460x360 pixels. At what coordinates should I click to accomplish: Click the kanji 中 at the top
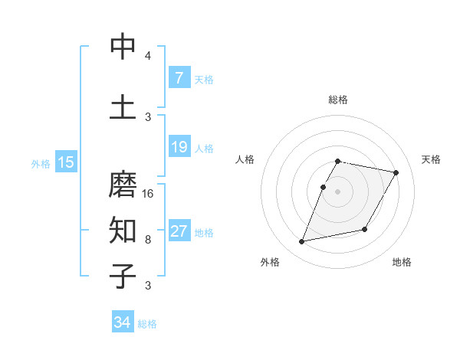pyautogui.click(x=123, y=47)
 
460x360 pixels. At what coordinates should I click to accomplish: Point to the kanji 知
pyautogui.click(x=123, y=229)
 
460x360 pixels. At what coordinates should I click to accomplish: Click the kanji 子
pyautogui.click(x=123, y=277)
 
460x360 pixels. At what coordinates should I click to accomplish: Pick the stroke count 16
pyautogui.click(x=148, y=193)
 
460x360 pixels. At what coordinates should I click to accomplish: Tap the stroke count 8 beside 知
pyautogui.click(x=148, y=239)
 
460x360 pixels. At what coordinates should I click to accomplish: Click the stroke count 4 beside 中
pyautogui.click(x=148, y=56)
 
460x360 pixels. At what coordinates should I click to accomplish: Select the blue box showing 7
pyautogui.click(x=179, y=78)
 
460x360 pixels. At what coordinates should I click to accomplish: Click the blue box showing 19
pyautogui.click(x=179, y=147)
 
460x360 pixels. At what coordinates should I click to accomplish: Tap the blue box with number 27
pyautogui.click(x=179, y=231)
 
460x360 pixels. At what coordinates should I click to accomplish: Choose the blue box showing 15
pyautogui.click(x=65, y=162)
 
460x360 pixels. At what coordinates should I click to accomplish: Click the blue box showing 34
pyautogui.click(x=122, y=323)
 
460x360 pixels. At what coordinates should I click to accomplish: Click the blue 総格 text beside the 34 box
pyautogui.click(x=147, y=324)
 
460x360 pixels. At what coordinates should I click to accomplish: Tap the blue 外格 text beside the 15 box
pyautogui.click(x=41, y=163)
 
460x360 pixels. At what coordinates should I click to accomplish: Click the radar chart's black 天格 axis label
pyautogui.click(x=432, y=159)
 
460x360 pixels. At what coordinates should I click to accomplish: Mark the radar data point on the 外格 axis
pyautogui.click(x=302, y=242)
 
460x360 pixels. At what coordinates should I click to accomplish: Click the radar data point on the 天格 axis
pyautogui.click(x=396, y=173)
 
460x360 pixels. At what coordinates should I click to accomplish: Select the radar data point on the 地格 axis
pyautogui.click(x=365, y=229)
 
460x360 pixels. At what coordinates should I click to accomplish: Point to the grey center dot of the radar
pyautogui.click(x=337, y=191)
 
